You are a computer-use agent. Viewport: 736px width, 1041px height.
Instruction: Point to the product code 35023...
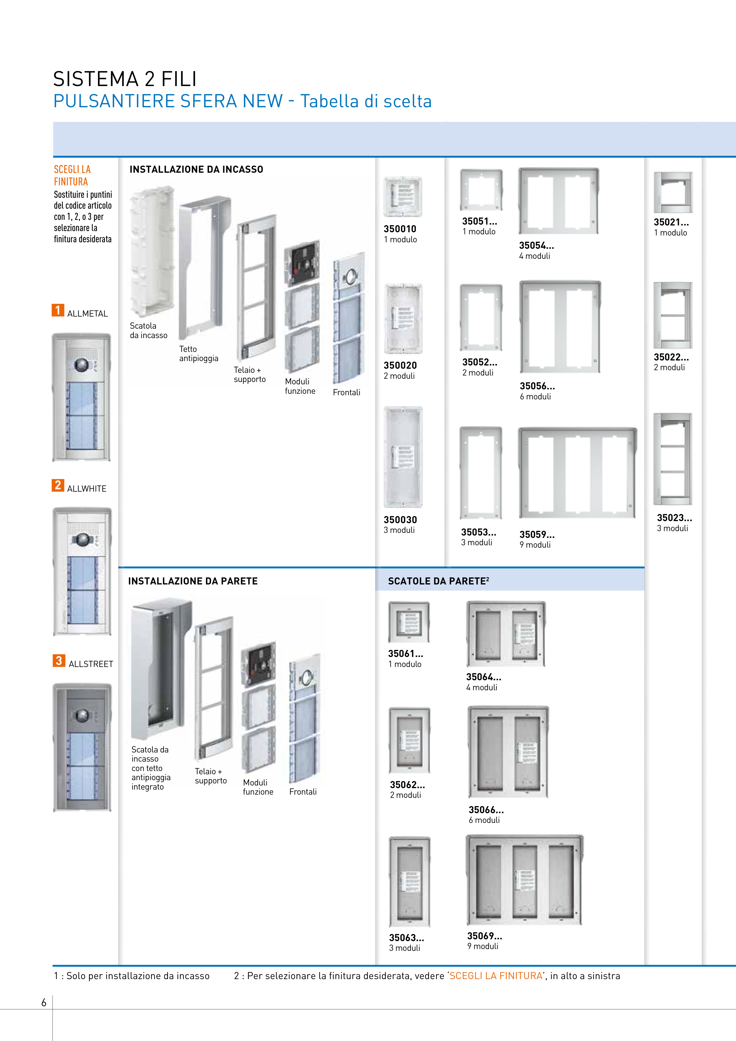click(x=674, y=518)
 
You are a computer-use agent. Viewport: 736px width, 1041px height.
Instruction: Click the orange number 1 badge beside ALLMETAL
click(x=57, y=310)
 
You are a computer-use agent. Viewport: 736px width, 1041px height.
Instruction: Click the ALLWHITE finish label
click(x=87, y=489)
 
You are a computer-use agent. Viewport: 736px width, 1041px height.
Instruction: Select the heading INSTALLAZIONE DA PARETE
click(x=193, y=581)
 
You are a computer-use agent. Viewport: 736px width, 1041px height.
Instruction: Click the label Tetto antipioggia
click(x=199, y=354)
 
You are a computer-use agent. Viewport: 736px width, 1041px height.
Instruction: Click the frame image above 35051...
click(x=481, y=190)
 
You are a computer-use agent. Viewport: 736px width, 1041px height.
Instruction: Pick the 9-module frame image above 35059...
click(x=578, y=473)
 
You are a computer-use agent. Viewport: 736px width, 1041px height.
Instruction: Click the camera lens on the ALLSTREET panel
click(x=82, y=715)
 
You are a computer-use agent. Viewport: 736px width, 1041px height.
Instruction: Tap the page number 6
click(x=44, y=1002)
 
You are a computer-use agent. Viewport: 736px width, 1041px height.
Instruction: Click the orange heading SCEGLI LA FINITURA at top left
click(x=72, y=175)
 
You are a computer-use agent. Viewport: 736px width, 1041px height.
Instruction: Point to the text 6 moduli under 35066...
click(x=484, y=820)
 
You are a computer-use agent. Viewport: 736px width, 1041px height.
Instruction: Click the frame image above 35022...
click(x=673, y=315)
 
